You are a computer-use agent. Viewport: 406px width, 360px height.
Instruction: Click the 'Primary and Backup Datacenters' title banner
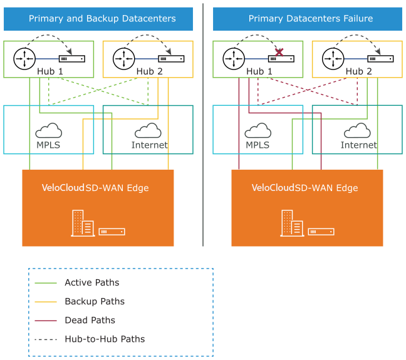click(101, 19)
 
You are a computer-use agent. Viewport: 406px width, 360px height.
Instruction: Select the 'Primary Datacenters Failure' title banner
click(311, 19)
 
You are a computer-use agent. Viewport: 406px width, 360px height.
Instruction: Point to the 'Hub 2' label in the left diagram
click(149, 71)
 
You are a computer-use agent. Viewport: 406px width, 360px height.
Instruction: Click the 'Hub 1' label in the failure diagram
click(259, 71)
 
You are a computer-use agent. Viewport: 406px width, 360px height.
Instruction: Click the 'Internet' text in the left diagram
click(149, 145)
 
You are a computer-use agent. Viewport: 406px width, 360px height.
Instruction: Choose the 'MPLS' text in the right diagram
click(257, 145)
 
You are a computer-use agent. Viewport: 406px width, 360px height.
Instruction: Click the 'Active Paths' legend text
click(91, 282)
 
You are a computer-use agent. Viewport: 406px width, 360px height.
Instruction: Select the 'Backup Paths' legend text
click(94, 301)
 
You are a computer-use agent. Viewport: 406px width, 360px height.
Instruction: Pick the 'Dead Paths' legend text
click(90, 320)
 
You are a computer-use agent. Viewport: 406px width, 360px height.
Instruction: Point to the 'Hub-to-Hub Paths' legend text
click(105, 339)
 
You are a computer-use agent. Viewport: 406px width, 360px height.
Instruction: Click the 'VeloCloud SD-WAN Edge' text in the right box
click(304, 188)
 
